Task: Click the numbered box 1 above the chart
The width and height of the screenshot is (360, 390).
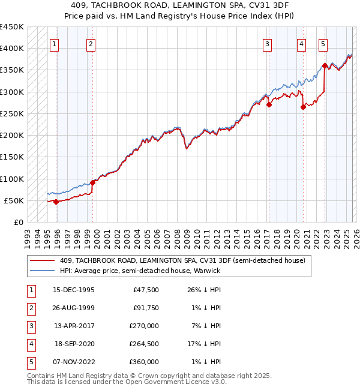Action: pyautogui.click(x=55, y=43)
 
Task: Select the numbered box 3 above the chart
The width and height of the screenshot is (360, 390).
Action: pyautogui.click(x=267, y=43)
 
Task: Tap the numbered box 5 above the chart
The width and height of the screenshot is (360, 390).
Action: pyautogui.click(x=323, y=43)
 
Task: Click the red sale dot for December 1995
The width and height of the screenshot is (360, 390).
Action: pyautogui.click(x=56, y=202)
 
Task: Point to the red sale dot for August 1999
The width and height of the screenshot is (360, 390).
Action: pyautogui.click(x=92, y=182)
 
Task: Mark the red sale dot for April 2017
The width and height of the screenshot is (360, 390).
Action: pyautogui.click(x=269, y=105)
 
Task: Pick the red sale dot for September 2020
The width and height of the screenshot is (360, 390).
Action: pyautogui.click(x=303, y=107)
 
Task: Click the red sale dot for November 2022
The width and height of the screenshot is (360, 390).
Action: pyautogui.click(x=325, y=65)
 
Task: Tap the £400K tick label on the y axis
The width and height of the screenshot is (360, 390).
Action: pyautogui.click(x=11, y=49)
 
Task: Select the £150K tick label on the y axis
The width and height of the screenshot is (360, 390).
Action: pyautogui.click(x=11, y=157)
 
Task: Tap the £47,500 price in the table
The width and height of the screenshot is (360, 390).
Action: pyautogui.click(x=146, y=290)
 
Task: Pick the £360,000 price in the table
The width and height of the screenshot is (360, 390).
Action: pyautogui.click(x=145, y=362)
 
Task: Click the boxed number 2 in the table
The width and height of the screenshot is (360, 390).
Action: pyautogui.click(x=31, y=308)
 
